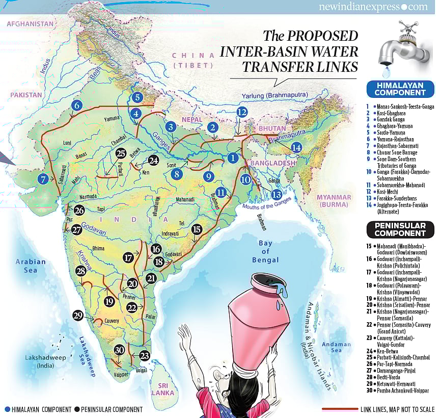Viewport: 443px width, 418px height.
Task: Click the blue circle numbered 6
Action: point(77,106)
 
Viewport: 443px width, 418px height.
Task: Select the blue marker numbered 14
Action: point(296,147)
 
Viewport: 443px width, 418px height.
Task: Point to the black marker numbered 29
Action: point(78,316)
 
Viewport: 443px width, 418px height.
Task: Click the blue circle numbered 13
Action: point(276,194)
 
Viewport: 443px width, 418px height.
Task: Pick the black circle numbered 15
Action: point(197,229)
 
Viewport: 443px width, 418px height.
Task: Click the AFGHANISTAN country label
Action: point(31,24)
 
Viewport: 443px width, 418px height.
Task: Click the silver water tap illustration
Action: point(399,48)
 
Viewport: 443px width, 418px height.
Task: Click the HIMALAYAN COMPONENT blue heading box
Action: point(400,89)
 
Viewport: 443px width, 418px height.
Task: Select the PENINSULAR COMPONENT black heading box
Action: point(400,230)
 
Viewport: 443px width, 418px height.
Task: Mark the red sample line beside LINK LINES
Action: point(340,409)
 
